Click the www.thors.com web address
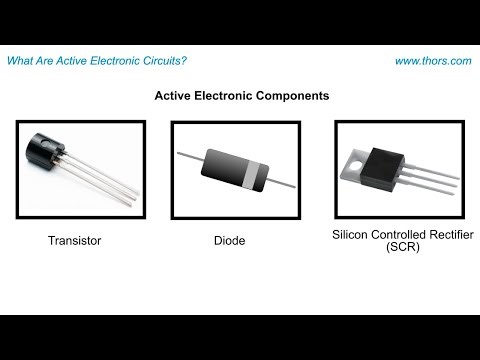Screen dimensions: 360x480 coord(432,61)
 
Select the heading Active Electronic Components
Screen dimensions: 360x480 coord(240,98)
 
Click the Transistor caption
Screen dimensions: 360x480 coord(75,241)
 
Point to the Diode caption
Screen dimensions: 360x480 coord(229,241)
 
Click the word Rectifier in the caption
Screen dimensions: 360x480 coord(446,234)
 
